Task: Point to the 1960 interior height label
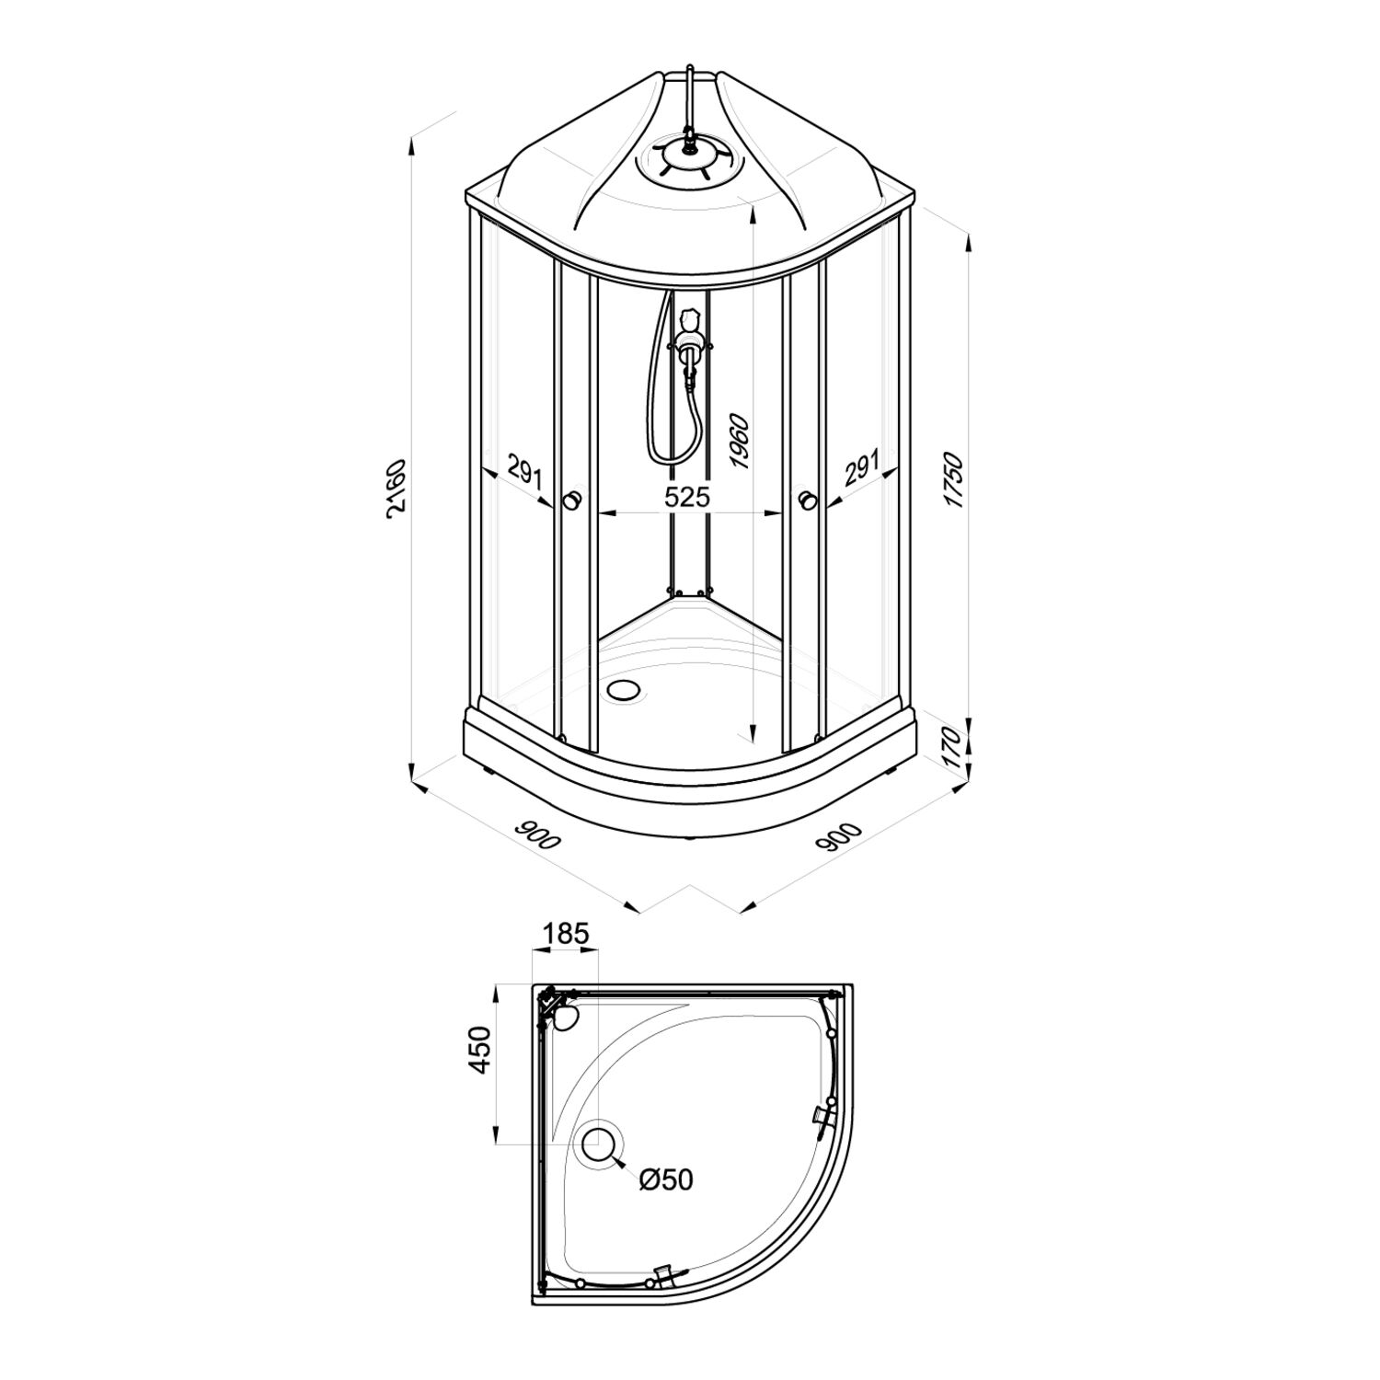coord(741,443)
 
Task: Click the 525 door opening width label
coord(687,498)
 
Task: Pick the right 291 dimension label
coord(862,468)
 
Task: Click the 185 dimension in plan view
coord(564,934)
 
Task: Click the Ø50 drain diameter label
coord(666,1179)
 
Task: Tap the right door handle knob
coord(809,500)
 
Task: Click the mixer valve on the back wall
coord(689,346)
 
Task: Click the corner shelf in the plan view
coord(560,1014)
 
